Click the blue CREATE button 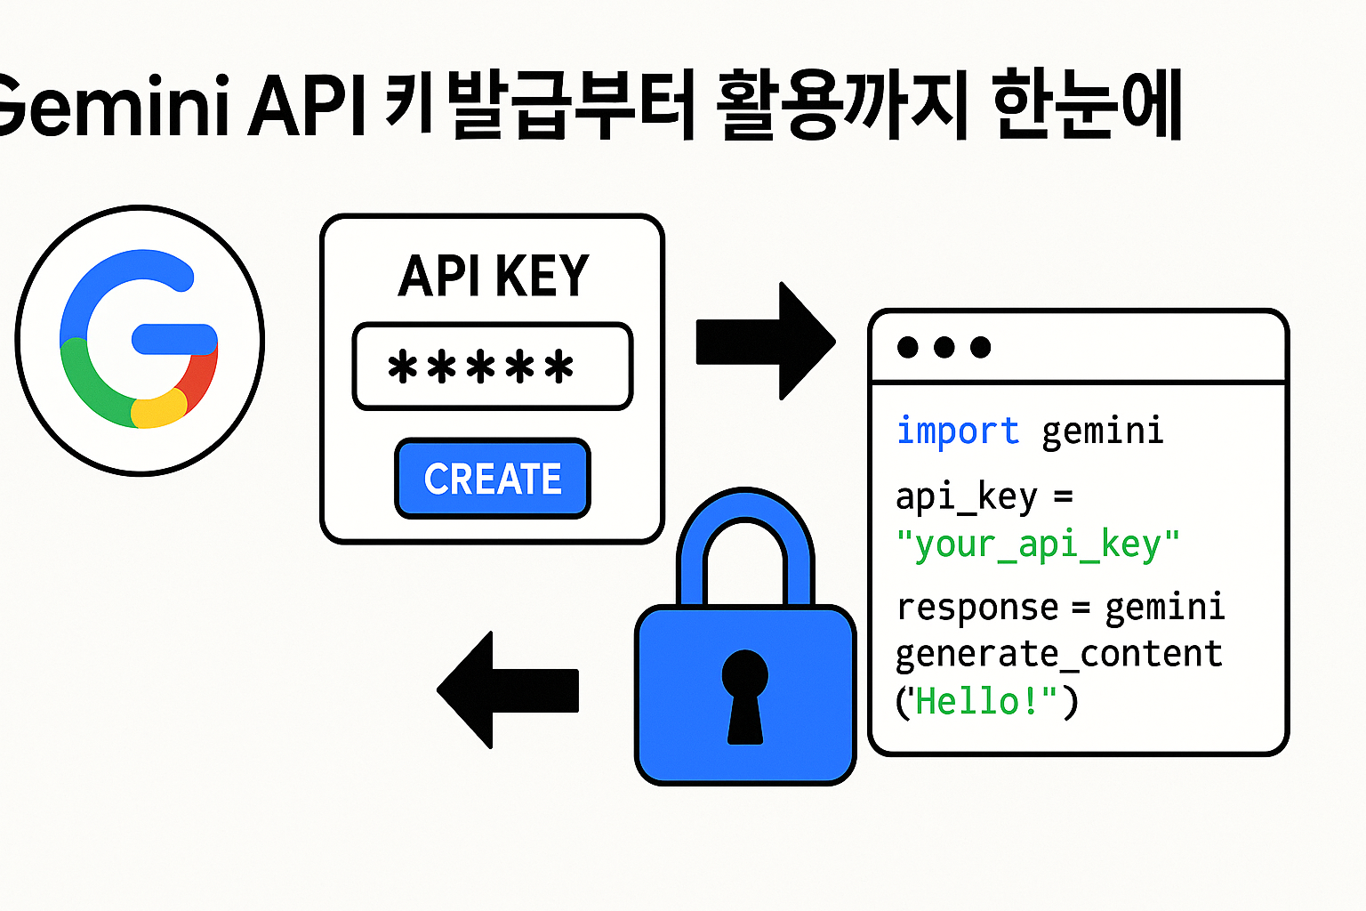click(x=493, y=479)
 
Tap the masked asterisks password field click(x=492, y=367)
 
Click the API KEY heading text click(x=494, y=276)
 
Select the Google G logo click(x=140, y=340)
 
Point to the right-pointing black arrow click(x=766, y=341)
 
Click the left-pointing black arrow click(x=507, y=690)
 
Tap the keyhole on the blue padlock click(x=744, y=695)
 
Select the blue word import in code click(x=957, y=431)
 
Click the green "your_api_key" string click(x=1037, y=544)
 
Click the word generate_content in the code click(x=1058, y=654)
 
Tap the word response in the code click(x=976, y=609)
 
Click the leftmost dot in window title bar click(x=908, y=347)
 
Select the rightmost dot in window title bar click(x=980, y=347)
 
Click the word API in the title click(x=308, y=107)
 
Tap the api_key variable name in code click(x=966, y=496)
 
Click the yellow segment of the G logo click(x=158, y=410)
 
